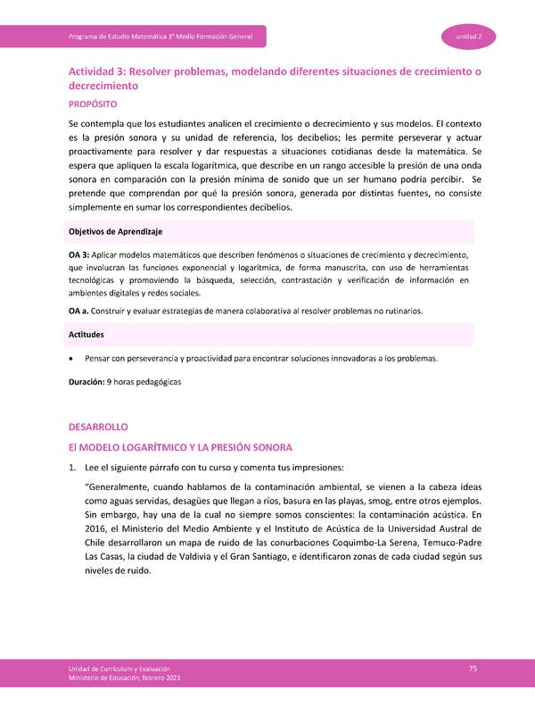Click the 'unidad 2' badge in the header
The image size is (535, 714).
click(470, 36)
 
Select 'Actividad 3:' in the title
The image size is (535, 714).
click(102, 71)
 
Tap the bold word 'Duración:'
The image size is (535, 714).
click(86, 382)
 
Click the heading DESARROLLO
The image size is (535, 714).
click(99, 428)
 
